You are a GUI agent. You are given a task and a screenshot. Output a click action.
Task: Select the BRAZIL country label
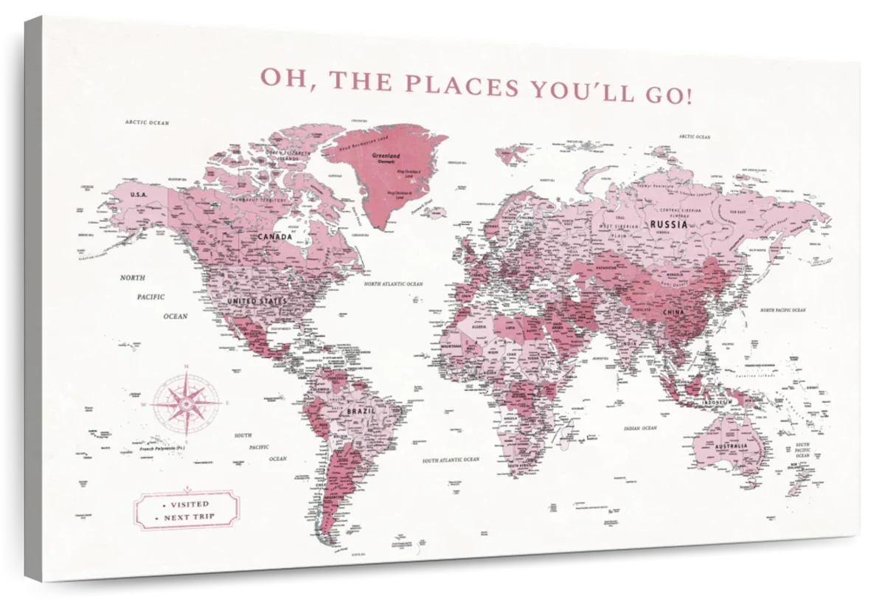tap(363, 409)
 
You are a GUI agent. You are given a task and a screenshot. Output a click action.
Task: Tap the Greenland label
tap(386, 156)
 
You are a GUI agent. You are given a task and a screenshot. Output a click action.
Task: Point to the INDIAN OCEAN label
tap(639, 428)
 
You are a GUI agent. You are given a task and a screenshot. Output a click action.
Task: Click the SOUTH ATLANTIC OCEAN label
tap(451, 459)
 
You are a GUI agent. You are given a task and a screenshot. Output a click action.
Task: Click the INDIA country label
tap(629, 344)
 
